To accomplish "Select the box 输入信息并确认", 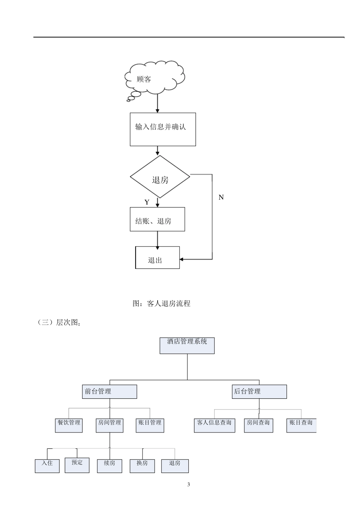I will pyautogui.click(x=163, y=129).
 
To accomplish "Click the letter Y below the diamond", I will pyautogui.click(x=147, y=202).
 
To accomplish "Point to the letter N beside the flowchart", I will pyautogui.click(x=221, y=197).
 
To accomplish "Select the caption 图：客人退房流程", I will pyautogui.click(x=161, y=303).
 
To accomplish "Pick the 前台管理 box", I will pyautogui.click(x=109, y=392).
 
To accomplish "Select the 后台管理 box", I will pyautogui.click(x=259, y=392).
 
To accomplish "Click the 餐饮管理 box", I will pyautogui.click(x=69, y=425).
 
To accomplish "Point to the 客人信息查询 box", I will pyautogui.click(x=214, y=425).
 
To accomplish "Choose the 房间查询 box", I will pyautogui.click(x=258, y=425).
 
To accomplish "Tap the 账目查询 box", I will pyautogui.click(x=301, y=425).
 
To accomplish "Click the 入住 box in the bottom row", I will pyautogui.click(x=47, y=465).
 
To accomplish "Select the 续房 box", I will pyautogui.click(x=110, y=465).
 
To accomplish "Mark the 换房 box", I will pyautogui.click(x=142, y=465).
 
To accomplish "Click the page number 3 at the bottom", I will pyautogui.click(x=188, y=485).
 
